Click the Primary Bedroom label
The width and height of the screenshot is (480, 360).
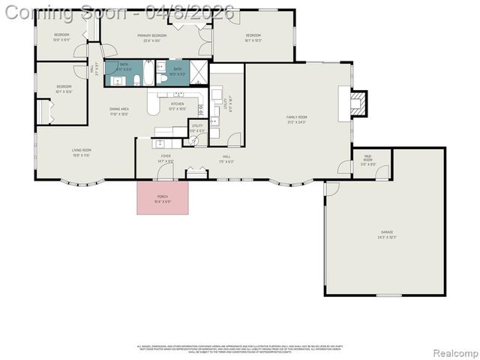(151, 37)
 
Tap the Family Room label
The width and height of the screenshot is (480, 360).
(297, 119)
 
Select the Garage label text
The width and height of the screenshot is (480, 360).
(387, 235)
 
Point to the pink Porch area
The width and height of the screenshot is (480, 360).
(163, 197)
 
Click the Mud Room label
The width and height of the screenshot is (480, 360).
(367, 161)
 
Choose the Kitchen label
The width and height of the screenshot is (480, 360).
(177, 106)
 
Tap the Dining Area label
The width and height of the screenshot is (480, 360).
(119, 112)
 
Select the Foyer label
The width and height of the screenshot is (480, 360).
(166, 159)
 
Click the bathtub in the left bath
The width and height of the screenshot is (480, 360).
(145, 73)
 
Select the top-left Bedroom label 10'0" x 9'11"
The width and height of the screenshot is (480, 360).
(61, 37)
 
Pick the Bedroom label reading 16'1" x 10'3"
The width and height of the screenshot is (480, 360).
(253, 37)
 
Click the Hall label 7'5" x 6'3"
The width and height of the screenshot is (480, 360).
(226, 159)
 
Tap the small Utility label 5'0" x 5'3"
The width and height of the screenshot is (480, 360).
(197, 128)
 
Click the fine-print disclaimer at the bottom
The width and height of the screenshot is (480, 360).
(239, 349)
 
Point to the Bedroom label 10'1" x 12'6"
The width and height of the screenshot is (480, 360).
(64, 89)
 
